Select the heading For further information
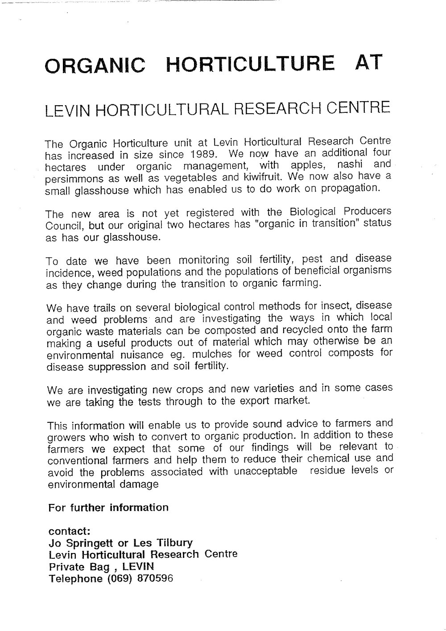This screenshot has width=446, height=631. click(108, 507)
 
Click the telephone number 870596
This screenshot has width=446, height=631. click(150, 579)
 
